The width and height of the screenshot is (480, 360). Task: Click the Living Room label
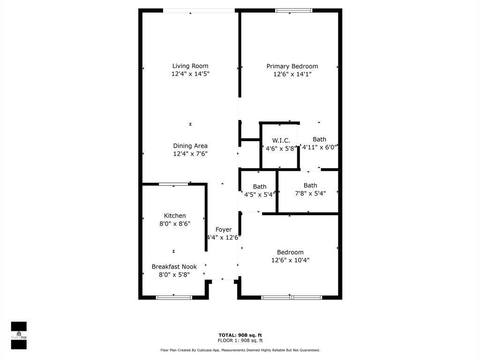tap(190, 66)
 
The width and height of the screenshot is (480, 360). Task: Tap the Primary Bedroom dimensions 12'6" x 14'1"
tap(292, 74)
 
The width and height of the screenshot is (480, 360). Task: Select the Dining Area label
tap(190, 146)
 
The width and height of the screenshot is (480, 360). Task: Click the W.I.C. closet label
tap(281, 141)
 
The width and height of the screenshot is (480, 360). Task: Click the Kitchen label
tap(174, 216)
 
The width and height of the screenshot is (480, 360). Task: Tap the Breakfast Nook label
tap(174, 267)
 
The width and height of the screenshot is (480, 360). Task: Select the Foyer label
tap(224, 230)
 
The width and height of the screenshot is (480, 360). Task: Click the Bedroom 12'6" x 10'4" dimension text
tap(290, 260)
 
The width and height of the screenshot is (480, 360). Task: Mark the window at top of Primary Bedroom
tap(294, 10)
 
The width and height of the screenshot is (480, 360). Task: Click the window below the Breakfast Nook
tap(174, 297)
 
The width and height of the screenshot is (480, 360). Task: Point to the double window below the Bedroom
tap(292, 297)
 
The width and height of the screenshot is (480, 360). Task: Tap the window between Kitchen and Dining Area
tap(173, 184)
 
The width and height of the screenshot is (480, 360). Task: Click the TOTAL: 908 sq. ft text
tap(240, 335)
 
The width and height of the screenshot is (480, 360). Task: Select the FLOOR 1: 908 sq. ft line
tap(240, 341)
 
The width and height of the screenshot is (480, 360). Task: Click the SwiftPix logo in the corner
tap(19, 336)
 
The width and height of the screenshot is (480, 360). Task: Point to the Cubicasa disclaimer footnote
tap(240, 350)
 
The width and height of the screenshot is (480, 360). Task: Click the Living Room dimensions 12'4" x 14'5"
tap(190, 74)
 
